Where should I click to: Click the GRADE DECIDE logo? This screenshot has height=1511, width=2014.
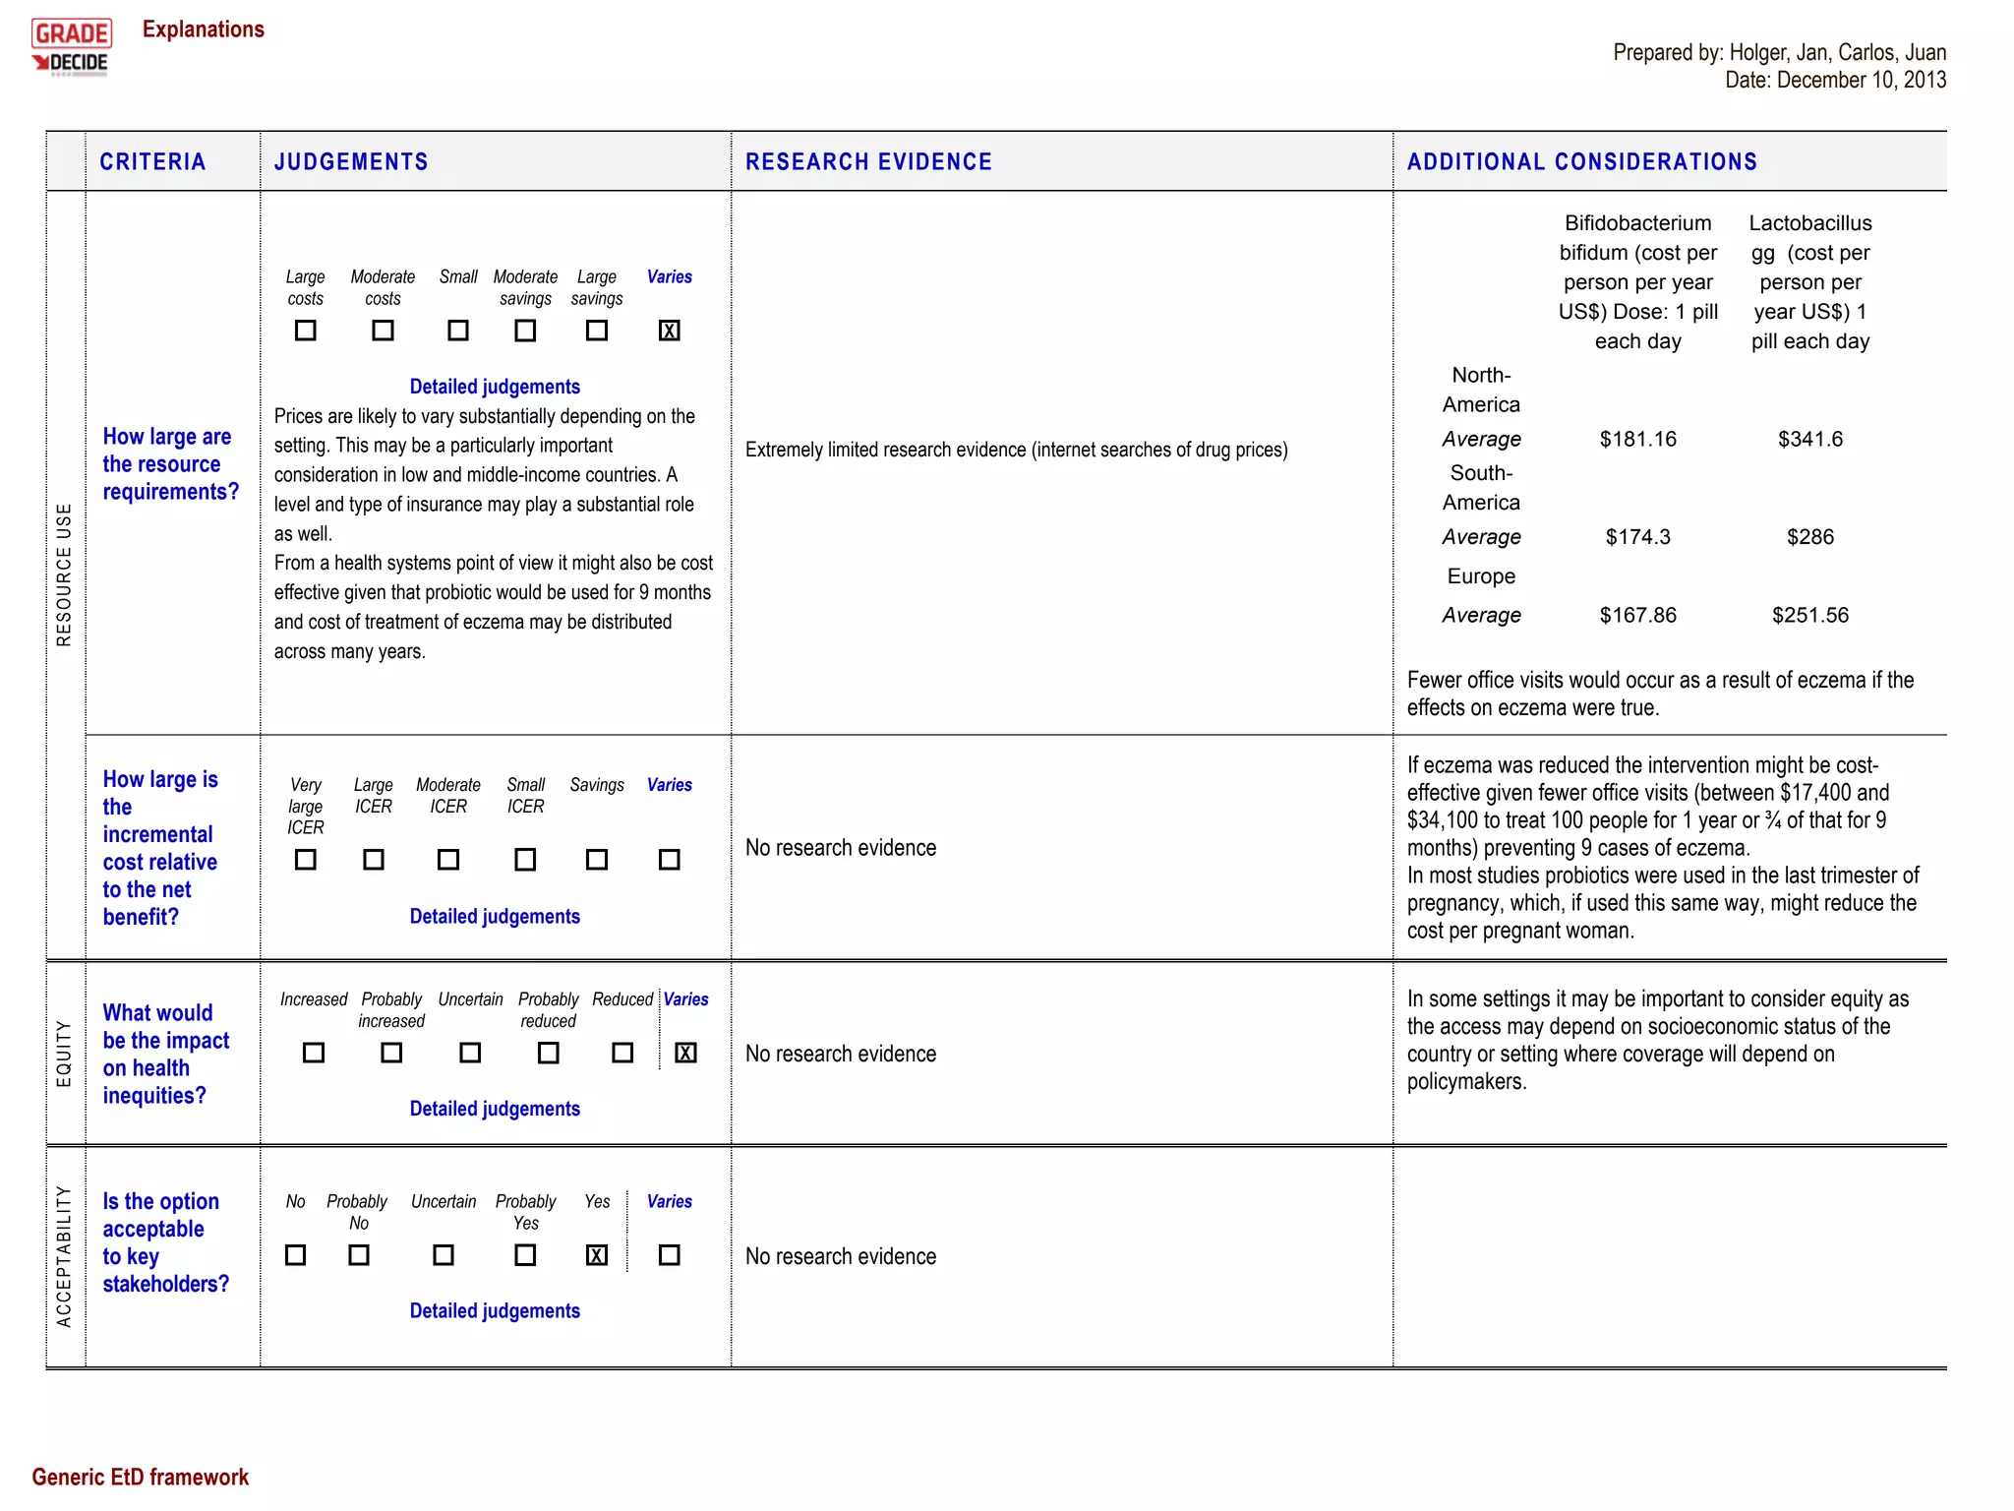pos(71,47)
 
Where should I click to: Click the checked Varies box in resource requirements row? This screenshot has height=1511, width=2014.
pos(669,331)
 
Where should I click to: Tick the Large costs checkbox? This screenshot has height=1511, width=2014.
pos(305,331)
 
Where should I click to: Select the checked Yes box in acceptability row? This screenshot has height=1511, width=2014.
pos(596,1255)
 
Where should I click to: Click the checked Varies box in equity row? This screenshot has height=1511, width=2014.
pos(685,1053)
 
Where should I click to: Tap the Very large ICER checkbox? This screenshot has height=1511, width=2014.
pos(305,860)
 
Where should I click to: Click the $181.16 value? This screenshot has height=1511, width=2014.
pos(1637,439)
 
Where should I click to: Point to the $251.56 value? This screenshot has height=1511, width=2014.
pos(1809,615)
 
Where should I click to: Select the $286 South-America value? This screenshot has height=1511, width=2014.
pos(1809,537)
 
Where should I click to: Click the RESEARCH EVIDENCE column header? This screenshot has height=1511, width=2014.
pos(868,162)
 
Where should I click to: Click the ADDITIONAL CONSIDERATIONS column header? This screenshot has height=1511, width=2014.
pos(1581,162)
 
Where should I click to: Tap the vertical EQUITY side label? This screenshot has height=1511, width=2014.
pos(64,1053)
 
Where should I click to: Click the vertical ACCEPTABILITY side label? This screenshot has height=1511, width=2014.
pos(64,1256)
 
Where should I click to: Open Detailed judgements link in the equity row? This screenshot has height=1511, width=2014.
pos(495,1109)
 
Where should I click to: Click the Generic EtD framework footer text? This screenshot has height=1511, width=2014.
pos(140,1477)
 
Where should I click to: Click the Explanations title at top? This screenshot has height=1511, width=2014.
pos(204,30)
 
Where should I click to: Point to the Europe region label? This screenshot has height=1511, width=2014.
pos(1481,576)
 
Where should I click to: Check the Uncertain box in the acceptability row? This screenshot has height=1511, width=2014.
pos(444,1255)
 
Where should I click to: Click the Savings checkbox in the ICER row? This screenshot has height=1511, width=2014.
pos(596,860)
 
